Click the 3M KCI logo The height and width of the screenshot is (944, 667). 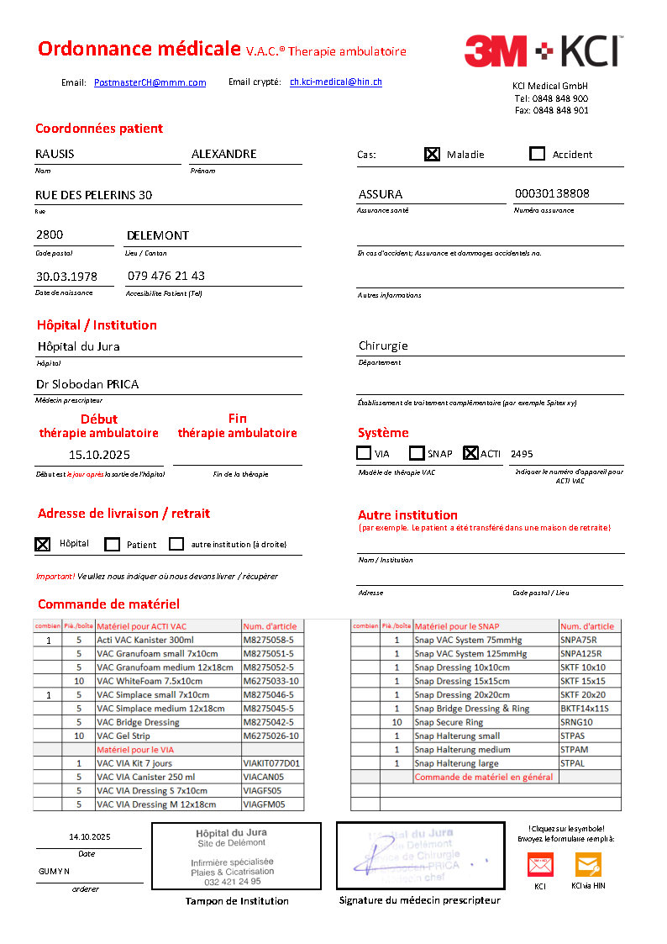542,51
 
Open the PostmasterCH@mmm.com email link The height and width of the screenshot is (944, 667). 150,82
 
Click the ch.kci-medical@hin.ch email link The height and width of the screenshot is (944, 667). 336,82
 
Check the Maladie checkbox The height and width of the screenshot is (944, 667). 432,154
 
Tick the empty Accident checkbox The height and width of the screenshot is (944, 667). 538,154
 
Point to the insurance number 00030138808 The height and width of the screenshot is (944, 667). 552,193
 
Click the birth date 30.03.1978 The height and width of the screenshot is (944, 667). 66,277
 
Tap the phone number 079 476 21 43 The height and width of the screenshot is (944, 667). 166,276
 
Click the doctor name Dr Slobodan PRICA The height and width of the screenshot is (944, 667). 87,384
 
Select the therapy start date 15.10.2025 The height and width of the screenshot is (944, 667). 99,455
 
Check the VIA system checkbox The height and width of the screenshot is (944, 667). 364,453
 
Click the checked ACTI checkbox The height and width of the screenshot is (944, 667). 470,453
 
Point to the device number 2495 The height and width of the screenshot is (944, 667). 522,454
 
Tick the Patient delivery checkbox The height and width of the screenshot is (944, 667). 112,544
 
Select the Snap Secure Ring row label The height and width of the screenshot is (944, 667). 449,722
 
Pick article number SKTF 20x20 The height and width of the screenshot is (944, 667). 583,695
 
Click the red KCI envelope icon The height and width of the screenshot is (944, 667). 540,864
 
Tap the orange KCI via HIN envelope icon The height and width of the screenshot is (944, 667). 588,864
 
